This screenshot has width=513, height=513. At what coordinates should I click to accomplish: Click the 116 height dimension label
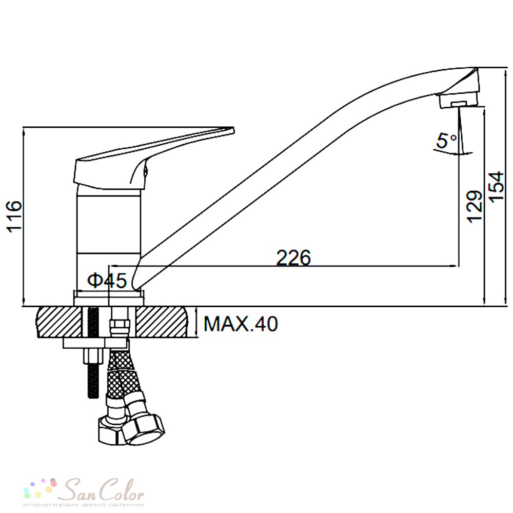point(14,216)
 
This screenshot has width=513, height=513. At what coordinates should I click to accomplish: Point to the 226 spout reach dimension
point(293,258)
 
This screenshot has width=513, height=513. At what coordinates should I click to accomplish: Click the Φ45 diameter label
point(107,281)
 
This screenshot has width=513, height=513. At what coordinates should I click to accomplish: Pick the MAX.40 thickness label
point(241,324)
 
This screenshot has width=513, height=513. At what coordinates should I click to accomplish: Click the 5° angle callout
point(446,141)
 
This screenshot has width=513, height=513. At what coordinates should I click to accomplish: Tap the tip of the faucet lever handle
point(233,129)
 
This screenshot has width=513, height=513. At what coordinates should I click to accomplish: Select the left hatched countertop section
point(60,322)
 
